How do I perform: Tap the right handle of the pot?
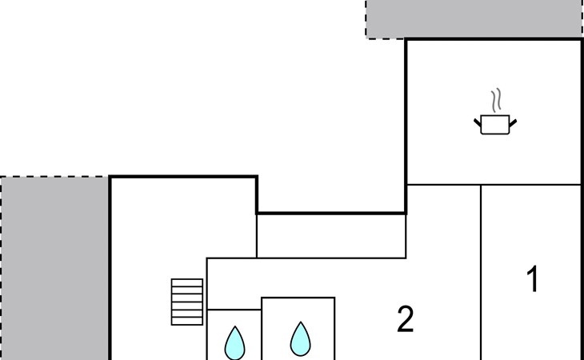pyautogui.click(x=513, y=122)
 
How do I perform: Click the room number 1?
pyautogui.click(x=531, y=281)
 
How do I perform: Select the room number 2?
pyautogui.click(x=406, y=321)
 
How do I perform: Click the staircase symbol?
pyautogui.click(x=187, y=301)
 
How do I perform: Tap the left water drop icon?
pyautogui.click(x=234, y=342)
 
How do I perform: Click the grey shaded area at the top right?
pyautogui.click(x=474, y=18)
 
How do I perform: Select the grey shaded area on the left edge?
pyautogui.click(x=54, y=268)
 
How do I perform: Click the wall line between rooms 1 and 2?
pyautogui.click(x=481, y=272)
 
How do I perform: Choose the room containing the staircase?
pyautogui.click(x=152, y=240)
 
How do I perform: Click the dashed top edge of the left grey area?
pyautogui.click(x=54, y=177)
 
